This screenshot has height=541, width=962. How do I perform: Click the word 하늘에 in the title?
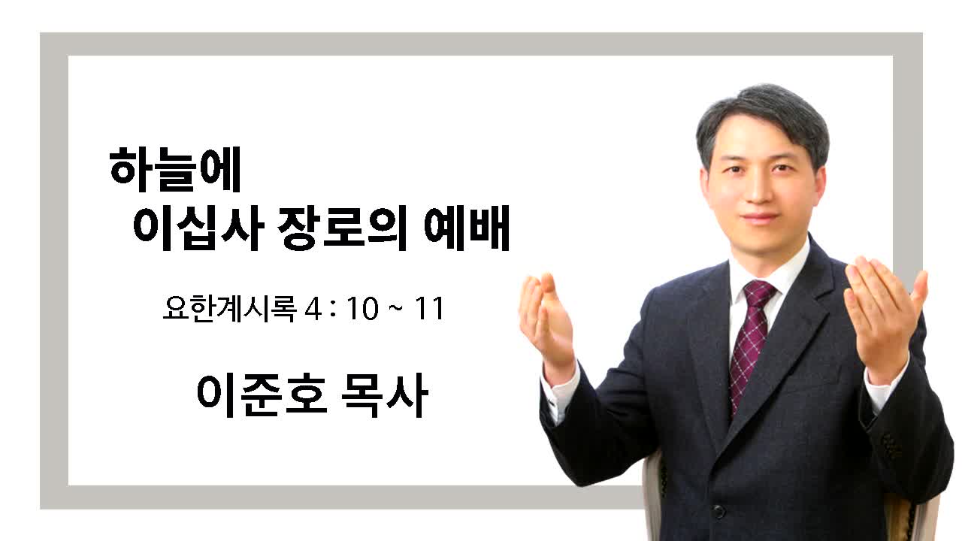175,170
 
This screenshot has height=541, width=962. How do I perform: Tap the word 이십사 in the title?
198,228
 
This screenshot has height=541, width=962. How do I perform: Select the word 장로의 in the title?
342,228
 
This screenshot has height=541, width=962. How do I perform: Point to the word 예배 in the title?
467,228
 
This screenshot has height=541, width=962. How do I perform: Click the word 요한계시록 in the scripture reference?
230,308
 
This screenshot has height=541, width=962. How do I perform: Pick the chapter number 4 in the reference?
313,309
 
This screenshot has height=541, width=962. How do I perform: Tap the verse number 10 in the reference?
363,309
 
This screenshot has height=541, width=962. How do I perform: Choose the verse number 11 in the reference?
429,309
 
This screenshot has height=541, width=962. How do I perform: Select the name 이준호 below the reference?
262,394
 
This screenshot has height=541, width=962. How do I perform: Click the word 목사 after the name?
385,394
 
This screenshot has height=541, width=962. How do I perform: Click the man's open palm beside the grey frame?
882,314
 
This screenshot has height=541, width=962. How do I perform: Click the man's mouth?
759,217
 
